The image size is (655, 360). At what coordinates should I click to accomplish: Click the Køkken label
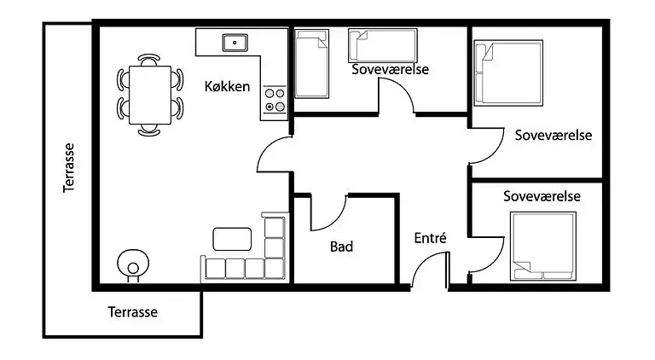coord(227,86)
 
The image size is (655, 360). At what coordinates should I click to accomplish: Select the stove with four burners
coord(274,101)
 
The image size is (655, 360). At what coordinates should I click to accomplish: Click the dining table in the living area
coord(149,95)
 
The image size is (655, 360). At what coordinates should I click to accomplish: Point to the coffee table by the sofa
coord(232,238)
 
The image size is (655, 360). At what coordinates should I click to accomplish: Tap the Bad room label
coord(341,247)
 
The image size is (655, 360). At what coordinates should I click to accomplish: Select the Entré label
coord(430,239)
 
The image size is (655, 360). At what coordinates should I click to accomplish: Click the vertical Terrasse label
coord(71,167)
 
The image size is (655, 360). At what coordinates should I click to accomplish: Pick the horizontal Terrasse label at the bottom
coord(133,312)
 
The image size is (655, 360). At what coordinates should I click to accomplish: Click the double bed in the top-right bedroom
coord(508,73)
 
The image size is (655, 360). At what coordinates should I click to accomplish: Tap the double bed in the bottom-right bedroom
coord(543,246)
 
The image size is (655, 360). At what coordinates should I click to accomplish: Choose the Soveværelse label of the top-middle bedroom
coord(390,70)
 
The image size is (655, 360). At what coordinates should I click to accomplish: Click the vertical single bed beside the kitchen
coord(312,64)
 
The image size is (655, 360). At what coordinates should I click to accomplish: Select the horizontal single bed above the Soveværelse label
coord(382,44)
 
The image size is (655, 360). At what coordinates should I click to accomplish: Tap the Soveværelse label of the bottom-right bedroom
coord(542,196)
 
